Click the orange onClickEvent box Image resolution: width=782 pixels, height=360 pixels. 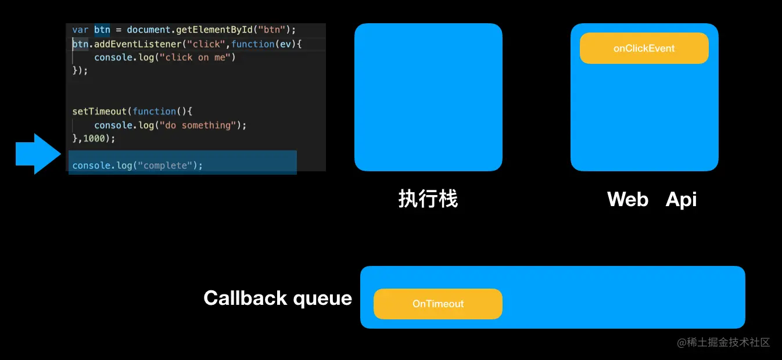tap(644, 48)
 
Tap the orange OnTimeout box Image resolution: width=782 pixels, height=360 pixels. tap(437, 304)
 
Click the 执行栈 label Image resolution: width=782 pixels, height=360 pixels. tap(428, 199)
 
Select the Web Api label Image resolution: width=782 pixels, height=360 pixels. tap(651, 199)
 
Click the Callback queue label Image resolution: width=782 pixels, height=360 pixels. tap(278, 298)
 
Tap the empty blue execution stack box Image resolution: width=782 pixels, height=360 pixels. tap(428, 97)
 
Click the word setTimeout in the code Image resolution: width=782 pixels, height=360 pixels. tap(99, 111)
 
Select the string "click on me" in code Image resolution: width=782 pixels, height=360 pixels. tap(198, 57)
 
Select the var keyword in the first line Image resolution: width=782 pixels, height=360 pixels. tap(80, 30)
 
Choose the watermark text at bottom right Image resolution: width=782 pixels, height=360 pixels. tap(723, 343)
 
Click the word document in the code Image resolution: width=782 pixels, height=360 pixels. tap(149, 30)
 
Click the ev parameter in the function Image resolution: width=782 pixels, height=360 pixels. tap(285, 44)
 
